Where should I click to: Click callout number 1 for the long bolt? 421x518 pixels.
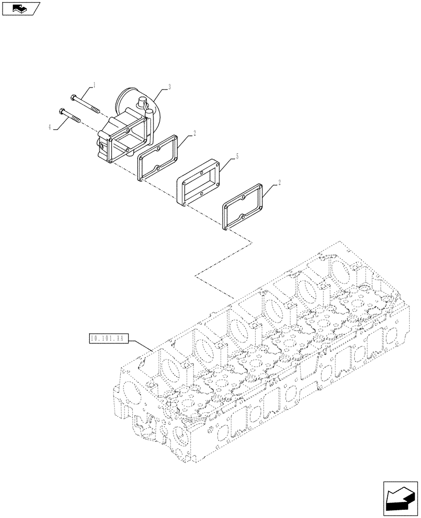[94, 83]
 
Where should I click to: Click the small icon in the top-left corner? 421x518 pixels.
[21, 8]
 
